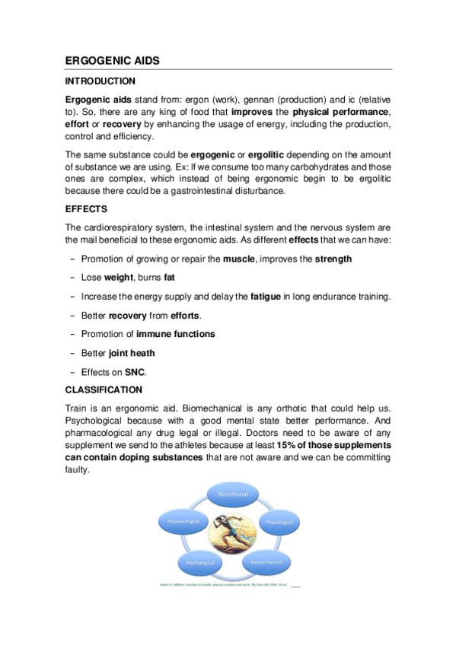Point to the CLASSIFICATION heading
point(104,390)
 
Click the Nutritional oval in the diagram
point(233,494)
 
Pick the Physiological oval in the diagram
point(279,523)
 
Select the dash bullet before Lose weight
point(72,278)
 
